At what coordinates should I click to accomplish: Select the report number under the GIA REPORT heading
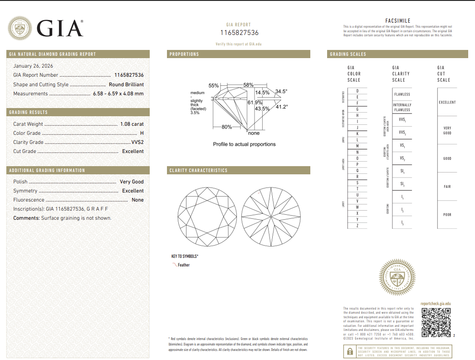[239, 33]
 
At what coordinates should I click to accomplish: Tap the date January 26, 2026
[33, 66]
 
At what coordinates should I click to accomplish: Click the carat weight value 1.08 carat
[132, 124]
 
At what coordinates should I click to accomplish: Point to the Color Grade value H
[142, 133]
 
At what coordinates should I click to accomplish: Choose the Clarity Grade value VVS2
[137, 142]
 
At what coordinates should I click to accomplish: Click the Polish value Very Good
[132, 182]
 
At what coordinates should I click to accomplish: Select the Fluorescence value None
[137, 200]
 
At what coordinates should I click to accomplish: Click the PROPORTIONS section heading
[184, 54]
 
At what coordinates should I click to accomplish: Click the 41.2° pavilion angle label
[282, 107]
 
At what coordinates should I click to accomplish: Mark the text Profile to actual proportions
[244, 144]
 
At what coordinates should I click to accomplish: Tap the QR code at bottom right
[436, 322]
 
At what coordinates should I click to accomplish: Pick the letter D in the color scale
[357, 91]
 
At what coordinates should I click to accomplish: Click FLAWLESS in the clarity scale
[402, 94]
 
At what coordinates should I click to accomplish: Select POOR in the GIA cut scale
[447, 215]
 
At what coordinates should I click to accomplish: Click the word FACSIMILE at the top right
[397, 21]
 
